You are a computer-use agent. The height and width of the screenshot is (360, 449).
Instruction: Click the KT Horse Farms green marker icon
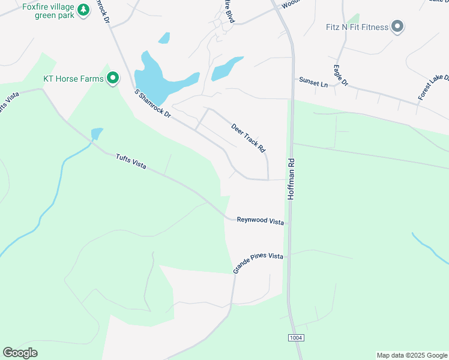coord(112,79)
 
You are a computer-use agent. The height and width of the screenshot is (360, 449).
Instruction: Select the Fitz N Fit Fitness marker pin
coord(397,26)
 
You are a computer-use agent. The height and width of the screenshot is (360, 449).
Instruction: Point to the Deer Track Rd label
coord(249,137)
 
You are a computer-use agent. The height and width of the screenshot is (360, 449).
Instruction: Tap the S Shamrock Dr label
coord(153,103)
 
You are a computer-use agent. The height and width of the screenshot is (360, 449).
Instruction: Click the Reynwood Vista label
coord(260,221)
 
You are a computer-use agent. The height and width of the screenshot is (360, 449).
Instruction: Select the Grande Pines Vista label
coord(258,263)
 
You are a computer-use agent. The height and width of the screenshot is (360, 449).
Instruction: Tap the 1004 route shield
coord(296,338)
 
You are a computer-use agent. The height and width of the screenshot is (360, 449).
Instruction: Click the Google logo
coord(20,353)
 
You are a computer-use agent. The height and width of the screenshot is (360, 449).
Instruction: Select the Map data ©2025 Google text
coord(412,355)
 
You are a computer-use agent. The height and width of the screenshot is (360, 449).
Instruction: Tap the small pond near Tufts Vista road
coord(97,133)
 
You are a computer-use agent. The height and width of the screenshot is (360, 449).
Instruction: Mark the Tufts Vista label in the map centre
coord(131,161)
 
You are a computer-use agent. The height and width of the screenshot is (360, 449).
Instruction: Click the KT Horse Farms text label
coord(72,79)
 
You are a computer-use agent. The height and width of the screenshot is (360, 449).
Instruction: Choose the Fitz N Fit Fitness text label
coord(355,26)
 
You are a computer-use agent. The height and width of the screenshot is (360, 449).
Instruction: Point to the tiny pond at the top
coord(164,38)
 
